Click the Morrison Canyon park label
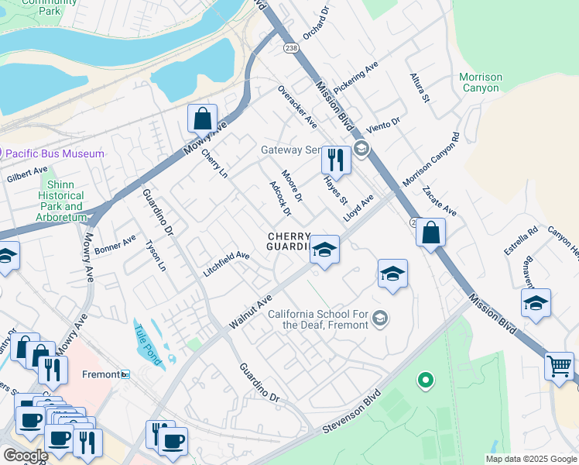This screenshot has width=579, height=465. click(480, 83)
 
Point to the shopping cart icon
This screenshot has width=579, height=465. click(559, 365)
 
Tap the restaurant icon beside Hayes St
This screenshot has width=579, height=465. click(336, 160)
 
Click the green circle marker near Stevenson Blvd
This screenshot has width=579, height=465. click(424, 381)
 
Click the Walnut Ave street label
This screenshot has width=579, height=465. click(251, 310)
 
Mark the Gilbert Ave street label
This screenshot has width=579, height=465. click(27, 174)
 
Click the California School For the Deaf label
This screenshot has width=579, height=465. click(320, 319)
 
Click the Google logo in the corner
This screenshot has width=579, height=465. click(25, 456)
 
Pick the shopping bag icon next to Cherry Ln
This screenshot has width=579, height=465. click(202, 119)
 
